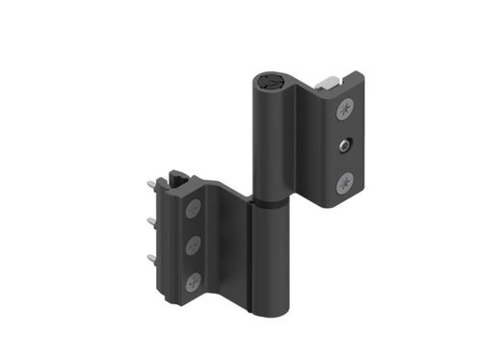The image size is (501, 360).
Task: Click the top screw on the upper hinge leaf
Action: [344, 112]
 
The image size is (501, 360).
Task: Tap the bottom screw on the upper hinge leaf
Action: [345, 181]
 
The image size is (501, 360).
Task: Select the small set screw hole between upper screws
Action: [343, 146]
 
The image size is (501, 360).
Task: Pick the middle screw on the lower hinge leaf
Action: [193, 244]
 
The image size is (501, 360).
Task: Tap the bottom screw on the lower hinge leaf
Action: [194, 282]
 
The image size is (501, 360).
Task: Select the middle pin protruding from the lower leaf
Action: [152, 222]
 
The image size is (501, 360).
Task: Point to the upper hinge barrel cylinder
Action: [273, 144]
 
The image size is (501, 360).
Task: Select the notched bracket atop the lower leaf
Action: [178, 179]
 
